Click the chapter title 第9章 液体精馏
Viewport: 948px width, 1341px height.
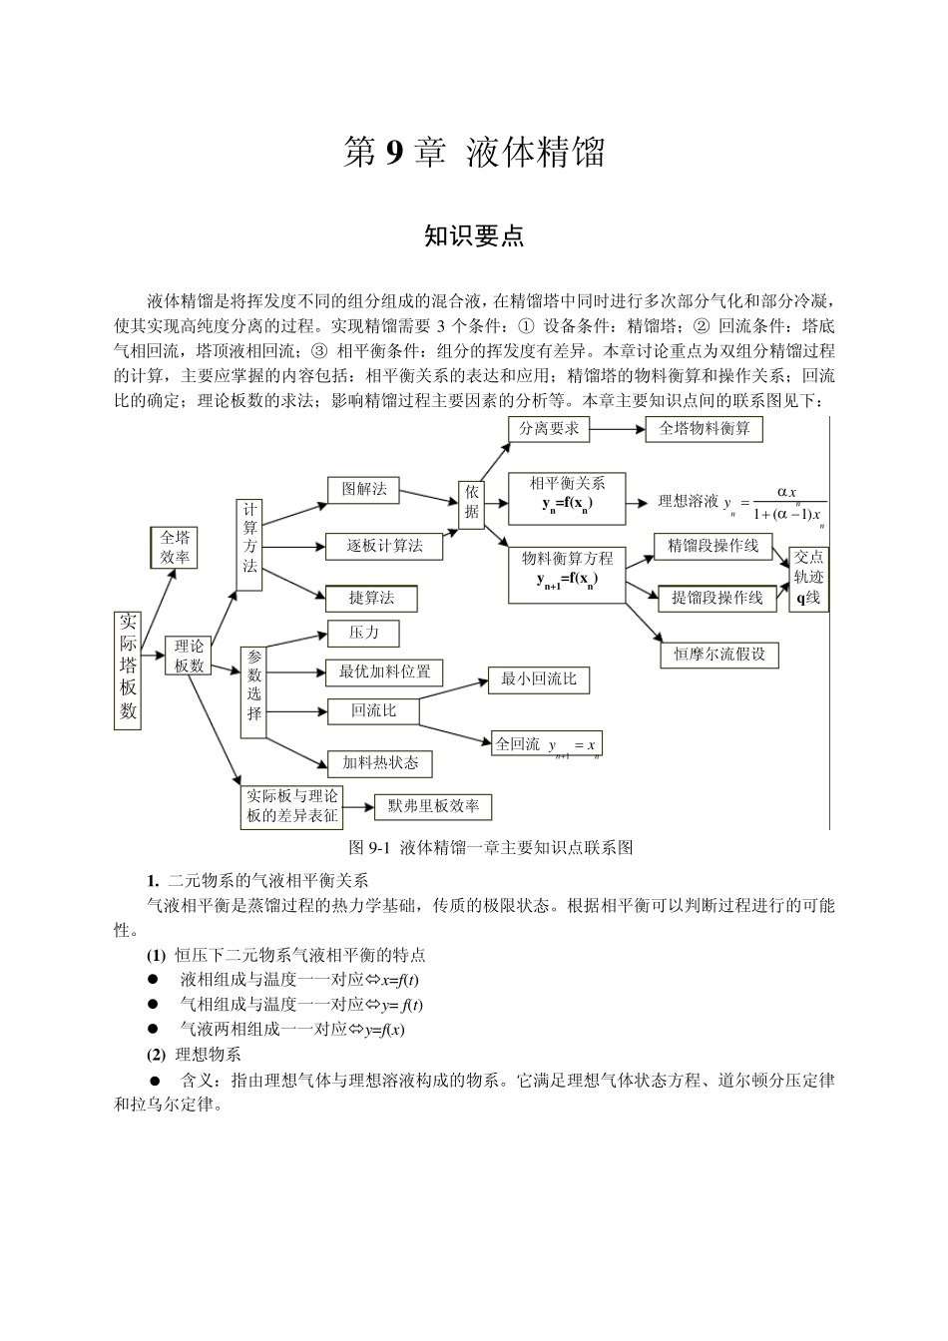click(474, 154)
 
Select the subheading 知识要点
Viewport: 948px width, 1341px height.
click(474, 236)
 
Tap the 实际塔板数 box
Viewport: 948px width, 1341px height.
click(128, 670)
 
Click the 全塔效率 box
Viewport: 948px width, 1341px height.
click(175, 548)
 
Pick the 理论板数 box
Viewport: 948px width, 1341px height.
click(189, 656)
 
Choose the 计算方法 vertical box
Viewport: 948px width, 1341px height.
click(249, 545)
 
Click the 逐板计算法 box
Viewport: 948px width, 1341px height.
click(384, 546)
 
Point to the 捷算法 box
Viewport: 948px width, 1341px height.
click(371, 598)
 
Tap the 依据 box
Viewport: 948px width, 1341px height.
click(472, 502)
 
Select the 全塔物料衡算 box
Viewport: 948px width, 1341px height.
click(705, 429)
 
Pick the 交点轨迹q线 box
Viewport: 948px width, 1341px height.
click(808, 578)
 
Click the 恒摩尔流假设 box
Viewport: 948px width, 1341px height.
click(719, 655)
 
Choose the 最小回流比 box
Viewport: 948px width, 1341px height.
click(539, 679)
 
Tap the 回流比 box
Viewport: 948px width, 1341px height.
click(373, 710)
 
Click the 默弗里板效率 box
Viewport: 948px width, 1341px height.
click(433, 806)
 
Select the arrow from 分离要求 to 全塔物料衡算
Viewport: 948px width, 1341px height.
click(618, 429)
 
